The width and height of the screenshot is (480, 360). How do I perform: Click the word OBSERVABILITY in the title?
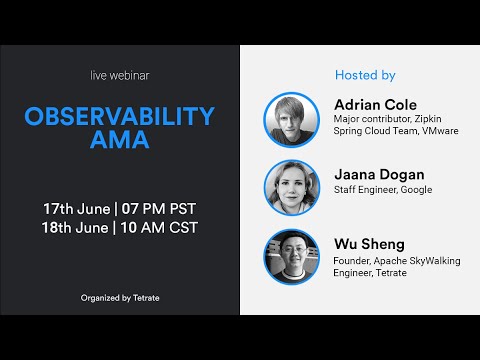[119, 116]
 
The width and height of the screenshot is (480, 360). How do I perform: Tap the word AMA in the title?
[119, 141]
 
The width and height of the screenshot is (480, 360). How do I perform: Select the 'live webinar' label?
[119, 77]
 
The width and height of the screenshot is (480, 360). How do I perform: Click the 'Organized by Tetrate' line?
[119, 297]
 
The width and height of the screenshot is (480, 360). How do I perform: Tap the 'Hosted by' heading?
[364, 75]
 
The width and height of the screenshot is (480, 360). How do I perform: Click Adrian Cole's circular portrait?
[291, 119]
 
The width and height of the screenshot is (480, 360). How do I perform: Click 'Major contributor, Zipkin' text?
[386, 120]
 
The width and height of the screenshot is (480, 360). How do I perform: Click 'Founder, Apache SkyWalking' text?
[393, 258]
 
